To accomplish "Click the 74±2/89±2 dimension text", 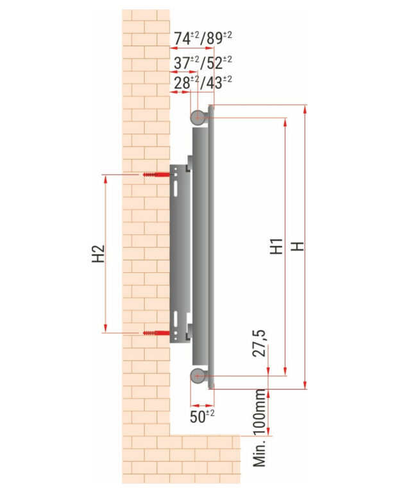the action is (x=203, y=38).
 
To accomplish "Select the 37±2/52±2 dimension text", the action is (x=203, y=62).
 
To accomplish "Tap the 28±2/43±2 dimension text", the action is (x=203, y=83).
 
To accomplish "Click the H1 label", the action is (x=276, y=246).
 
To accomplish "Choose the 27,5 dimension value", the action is (x=259, y=343).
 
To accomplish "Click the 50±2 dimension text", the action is (x=202, y=416).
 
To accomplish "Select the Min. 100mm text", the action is (x=260, y=428).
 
